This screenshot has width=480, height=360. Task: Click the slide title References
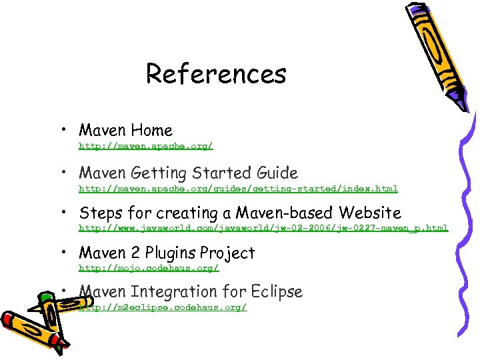click(x=216, y=73)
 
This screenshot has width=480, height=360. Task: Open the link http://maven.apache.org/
click(x=146, y=145)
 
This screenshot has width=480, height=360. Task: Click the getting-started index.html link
click(x=238, y=189)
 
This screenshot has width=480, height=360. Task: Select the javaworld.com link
click(x=263, y=228)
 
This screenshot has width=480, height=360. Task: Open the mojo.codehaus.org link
click(x=149, y=268)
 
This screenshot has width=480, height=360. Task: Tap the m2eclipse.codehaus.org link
click(x=163, y=307)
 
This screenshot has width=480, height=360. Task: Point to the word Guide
click(x=276, y=173)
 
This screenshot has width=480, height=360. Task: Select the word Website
click(x=369, y=213)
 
